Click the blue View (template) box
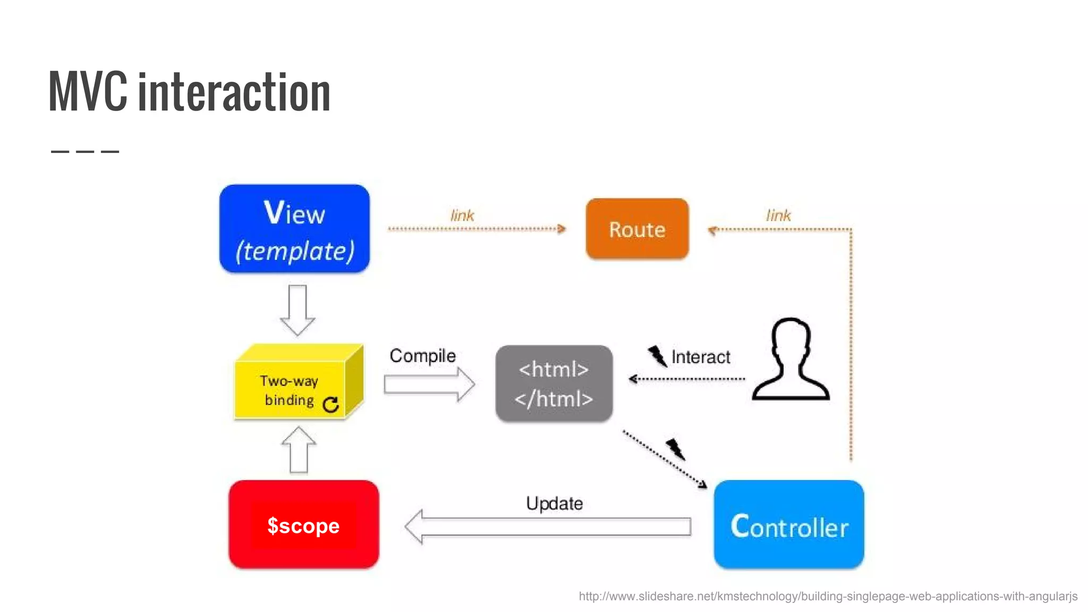(294, 229)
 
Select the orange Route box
(637, 229)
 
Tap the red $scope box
(303, 525)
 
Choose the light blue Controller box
(788, 525)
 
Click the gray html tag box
(554, 384)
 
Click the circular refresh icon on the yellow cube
(330, 405)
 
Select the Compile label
(422, 355)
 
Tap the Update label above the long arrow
(554, 503)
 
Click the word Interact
(700, 357)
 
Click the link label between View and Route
(462, 216)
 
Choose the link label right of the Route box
(778, 216)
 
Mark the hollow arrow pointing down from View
(297, 310)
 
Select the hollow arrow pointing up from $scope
(299, 450)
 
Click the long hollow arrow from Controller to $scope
(547, 526)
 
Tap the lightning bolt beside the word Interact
(657, 356)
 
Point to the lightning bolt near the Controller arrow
(676, 449)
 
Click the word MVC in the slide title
(88, 92)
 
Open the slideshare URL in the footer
(828, 596)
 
